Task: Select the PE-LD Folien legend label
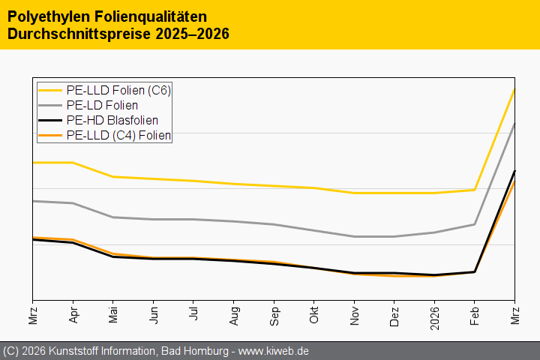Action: pos(102,106)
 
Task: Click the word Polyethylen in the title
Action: pos(49,16)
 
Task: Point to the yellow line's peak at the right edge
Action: pos(514,89)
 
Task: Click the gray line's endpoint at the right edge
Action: pos(514,124)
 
